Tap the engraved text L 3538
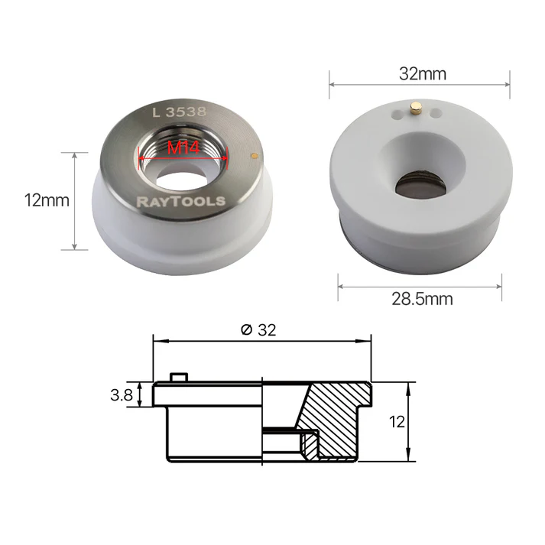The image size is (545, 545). (x=180, y=112)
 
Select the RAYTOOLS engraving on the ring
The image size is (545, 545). (x=181, y=201)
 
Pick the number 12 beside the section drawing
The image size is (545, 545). (x=397, y=420)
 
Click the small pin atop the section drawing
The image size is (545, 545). (x=179, y=377)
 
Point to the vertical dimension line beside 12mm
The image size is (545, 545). (x=74, y=200)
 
